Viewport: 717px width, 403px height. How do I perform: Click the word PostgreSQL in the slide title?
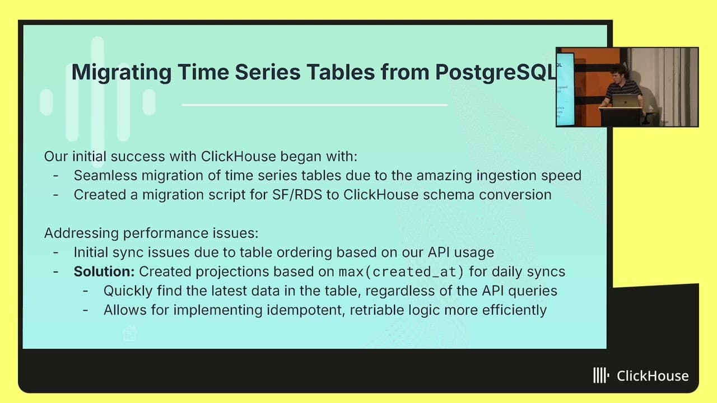point(496,73)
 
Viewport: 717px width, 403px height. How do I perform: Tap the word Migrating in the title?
point(122,73)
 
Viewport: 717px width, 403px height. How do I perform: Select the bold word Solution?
point(104,271)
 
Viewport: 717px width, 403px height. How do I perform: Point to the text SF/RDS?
point(297,195)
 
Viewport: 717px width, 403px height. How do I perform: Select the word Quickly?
point(128,291)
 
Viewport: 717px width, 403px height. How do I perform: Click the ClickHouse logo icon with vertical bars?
point(601,375)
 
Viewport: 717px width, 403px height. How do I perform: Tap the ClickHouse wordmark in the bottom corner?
point(653,376)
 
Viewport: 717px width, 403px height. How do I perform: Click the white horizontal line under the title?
point(315,105)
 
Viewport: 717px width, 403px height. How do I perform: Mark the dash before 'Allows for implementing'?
point(86,310)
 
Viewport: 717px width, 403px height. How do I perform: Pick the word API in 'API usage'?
point(439,252)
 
